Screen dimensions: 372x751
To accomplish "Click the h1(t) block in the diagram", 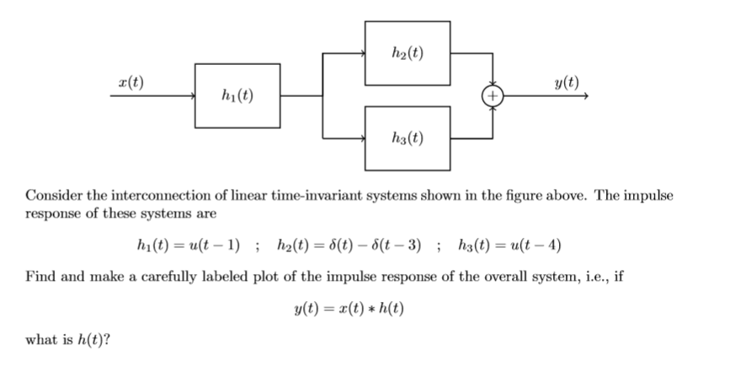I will (237, 95).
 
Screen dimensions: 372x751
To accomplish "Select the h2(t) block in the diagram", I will (407, 53).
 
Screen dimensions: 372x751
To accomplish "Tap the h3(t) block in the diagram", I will (407, 137).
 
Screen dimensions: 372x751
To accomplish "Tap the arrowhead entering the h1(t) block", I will (191, 96).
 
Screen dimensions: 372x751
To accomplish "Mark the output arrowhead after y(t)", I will (583, 96).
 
